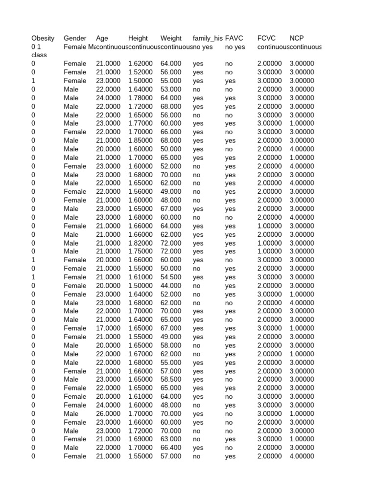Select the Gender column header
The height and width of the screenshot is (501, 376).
[75, 38]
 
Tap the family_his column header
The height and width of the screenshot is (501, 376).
[208, 38]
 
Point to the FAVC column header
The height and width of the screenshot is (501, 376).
[234, 38]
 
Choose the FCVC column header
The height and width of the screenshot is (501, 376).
[267, 38]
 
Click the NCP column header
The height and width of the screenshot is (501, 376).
[297, 38]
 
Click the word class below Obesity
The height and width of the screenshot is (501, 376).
[39, 55]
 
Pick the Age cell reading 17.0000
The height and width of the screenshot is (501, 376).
[108, 328]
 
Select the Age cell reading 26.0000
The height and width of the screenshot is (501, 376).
[108, 413]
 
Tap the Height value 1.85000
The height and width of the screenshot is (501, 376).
[141, 140]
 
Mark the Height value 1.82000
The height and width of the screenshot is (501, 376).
[141, 243]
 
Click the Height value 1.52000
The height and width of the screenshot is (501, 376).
[141, 72]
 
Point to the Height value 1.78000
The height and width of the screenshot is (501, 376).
[141, 98]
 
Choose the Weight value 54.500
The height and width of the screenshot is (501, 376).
[171, 277]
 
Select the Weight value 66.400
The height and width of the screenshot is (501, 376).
[171, 448]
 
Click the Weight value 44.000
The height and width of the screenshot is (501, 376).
[171, 286]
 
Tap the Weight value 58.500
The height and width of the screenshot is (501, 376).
[171, 380]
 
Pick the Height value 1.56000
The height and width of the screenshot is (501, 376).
[141, 192]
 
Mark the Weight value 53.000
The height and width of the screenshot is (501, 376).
[171, 90]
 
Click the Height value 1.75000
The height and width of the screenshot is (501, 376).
[141, 251]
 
